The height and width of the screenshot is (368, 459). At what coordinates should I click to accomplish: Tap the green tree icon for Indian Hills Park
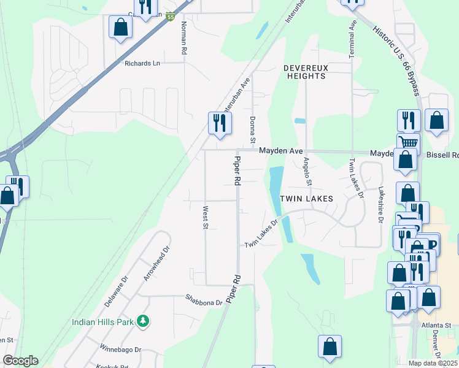[142, 321]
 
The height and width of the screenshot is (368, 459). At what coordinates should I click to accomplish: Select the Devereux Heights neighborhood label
[305, 72]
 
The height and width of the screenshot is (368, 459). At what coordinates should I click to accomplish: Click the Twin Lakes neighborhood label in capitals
[306, 199]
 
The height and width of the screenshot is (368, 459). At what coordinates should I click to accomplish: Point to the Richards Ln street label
[142, 63]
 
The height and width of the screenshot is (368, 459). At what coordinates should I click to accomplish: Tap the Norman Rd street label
[183, 39]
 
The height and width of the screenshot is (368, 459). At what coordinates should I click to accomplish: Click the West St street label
[205, 218]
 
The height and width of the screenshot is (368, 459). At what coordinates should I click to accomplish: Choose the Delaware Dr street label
[116, 291]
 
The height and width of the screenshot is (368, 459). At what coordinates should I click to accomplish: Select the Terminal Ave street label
[352, 39]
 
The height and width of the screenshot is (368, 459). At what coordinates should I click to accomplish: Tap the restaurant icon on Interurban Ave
[219, 123]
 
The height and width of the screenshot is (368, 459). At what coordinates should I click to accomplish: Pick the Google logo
[20, 361]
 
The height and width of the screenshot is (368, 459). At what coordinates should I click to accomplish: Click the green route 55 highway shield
[170, 18]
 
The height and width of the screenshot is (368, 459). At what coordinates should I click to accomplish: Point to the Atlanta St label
[436, 326]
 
